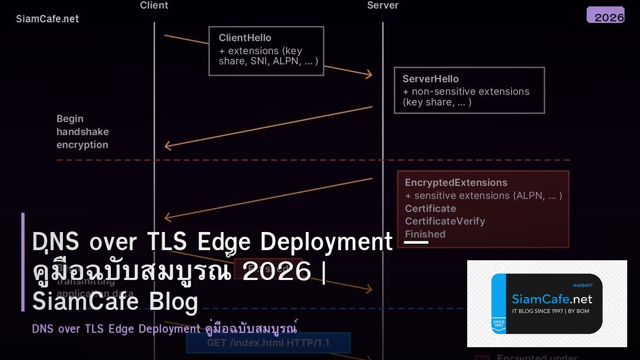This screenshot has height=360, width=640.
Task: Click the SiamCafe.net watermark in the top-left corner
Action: tap(47, 19)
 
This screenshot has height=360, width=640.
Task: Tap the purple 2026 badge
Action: tap(605, 15)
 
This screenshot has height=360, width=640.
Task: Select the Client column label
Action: tap(154, 5)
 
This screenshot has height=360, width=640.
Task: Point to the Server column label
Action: tap(382, 5)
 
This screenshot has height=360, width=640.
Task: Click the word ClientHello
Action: tap(245, 38)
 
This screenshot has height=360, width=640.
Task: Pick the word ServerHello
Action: tap(430, 78)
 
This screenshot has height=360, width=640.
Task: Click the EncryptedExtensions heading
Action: tap(456, 182)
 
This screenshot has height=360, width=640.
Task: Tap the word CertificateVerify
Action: tap(445, 221)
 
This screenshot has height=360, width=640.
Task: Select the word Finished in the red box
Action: tap(425, 234)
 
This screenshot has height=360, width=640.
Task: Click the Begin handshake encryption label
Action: tap(82, 132)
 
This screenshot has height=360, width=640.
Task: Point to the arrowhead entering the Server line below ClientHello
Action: tap(369, 75)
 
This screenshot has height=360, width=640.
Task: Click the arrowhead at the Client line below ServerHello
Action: tap(167, 146)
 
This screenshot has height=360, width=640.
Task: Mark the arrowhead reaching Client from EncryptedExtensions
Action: tap(167, 217)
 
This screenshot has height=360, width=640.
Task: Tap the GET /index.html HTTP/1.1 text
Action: tap(268, 343)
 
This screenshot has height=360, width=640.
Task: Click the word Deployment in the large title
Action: tap(326, 242)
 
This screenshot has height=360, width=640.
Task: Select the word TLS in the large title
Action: tap(168, 242)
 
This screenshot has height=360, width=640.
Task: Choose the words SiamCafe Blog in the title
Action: tap(115, 301)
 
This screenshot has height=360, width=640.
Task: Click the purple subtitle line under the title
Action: tap(164, 329)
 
